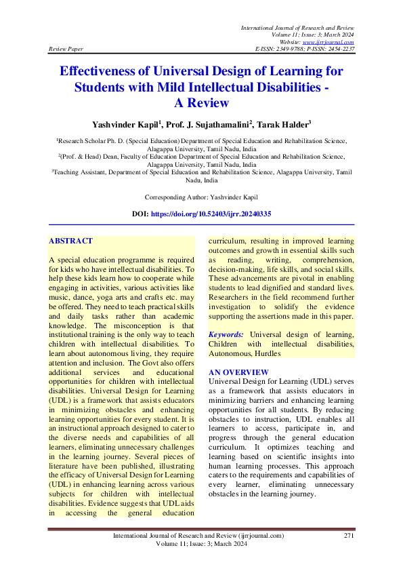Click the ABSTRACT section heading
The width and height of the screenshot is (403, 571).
tap(70, 241)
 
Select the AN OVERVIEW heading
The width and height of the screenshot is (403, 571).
tap(238, 372)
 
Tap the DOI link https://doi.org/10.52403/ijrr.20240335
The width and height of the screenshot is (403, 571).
tap(220, 214)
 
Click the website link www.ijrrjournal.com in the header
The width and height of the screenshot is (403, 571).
tap(330, 42)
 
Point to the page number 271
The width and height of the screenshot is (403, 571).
tap(349, 536)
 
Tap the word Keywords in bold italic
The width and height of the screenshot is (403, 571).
tap(226, 335)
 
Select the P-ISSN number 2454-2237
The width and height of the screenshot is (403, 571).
tap(340, 49)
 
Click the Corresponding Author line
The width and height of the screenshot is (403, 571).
tap(201, 197)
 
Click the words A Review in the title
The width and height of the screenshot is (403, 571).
tap(201, 103)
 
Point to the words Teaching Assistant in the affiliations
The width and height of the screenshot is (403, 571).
tap(64, 173)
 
